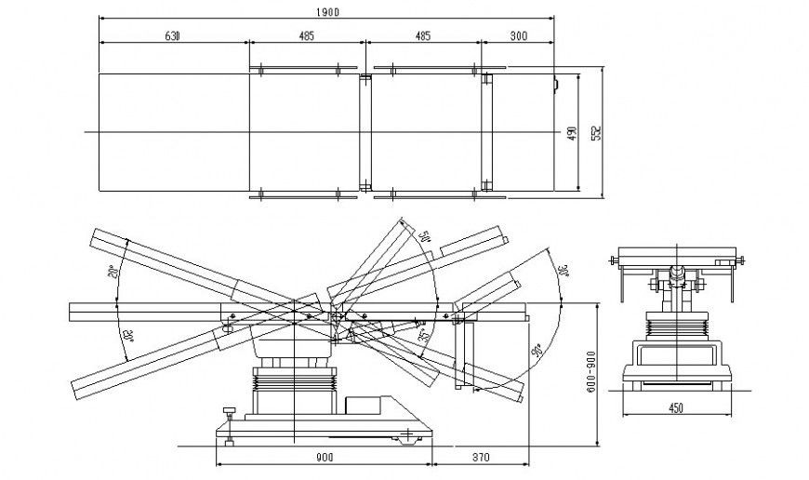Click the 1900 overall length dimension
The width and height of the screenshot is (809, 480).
pyautogui.click(x=327, y=11)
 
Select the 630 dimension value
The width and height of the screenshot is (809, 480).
pyautogui.click(x=172, y=35)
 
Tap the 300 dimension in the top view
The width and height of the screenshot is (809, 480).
pyautogui.click(x=518, y=35)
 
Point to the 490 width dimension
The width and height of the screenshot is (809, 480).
pyautogui.click(x=572, y=133)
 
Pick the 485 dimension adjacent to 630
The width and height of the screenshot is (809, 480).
pyautogui.click(x=306, y=35)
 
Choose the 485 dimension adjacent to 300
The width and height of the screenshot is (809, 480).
pyautogui.click(x=422, y=35)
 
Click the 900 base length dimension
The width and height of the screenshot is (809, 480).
pyautogui.click(x=324, y=457)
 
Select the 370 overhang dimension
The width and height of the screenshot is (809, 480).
pyautogui.click(x=481, y=457)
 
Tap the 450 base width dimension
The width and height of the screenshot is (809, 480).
pyautogui.click(x=676, y=406)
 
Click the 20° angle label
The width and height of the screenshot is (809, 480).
pyautogui.click(x=113, y=272)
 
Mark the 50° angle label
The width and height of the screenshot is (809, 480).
pyautogui.click(x=427, y=235)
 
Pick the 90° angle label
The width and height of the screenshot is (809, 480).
pyautogui.click(x=537, y=351)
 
